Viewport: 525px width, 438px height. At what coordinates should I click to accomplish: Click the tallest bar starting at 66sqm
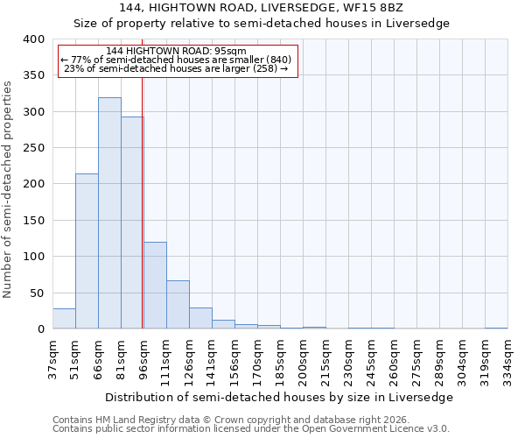(109, 213)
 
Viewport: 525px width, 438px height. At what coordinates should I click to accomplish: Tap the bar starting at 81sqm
(132, 223)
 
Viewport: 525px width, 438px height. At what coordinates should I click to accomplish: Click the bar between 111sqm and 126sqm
(178, 305)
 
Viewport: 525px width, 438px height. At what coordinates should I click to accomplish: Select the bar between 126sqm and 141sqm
(200, 318)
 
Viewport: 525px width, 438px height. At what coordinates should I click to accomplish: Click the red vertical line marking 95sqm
(142, 201)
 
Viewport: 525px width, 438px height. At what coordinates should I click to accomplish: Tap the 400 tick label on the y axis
(33, 39)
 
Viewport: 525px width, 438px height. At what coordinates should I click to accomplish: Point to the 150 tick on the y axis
(33, 221)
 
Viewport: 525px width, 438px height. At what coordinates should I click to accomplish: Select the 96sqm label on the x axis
(143, 357)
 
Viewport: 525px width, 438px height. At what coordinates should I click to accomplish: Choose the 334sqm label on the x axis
(507, 357)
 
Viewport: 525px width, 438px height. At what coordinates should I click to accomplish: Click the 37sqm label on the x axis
(52, 357)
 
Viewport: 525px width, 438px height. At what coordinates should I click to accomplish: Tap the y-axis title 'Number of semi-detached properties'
(8, 188)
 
